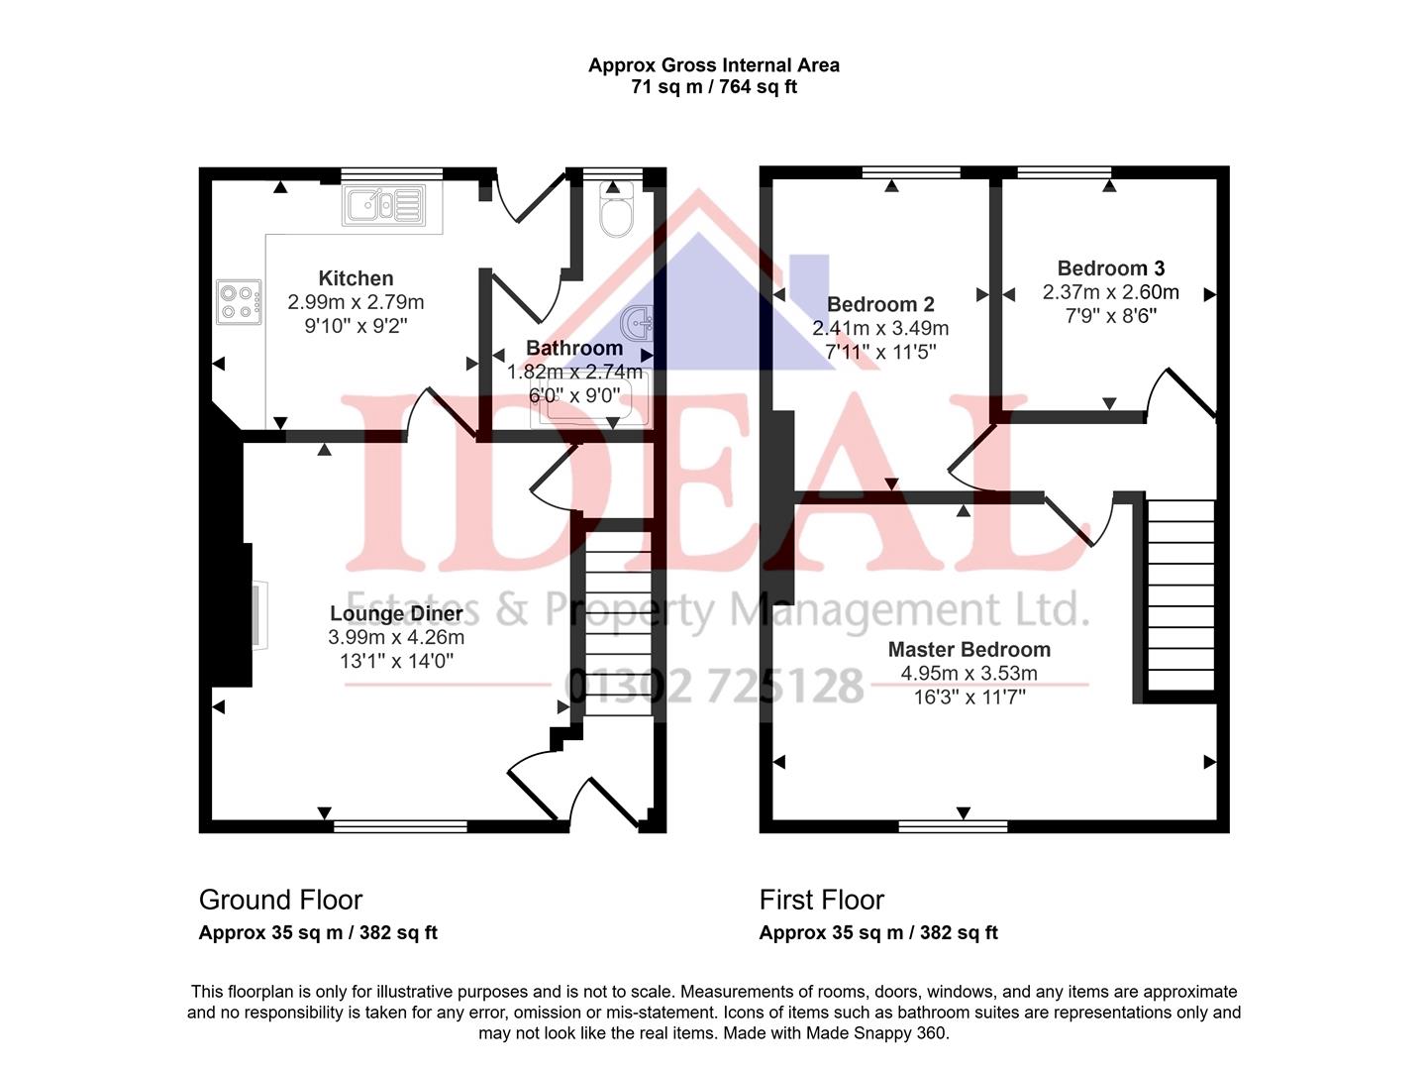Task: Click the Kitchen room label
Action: pos(356,278)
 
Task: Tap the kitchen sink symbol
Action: pos(384,205)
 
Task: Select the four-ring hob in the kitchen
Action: pos(239,302)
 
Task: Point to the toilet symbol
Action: pos(616,212)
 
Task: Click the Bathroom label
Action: pos(573,348)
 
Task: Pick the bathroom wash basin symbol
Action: pos(637,323)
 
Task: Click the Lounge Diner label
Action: pos(396,613)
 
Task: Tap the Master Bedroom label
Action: pos(969,650)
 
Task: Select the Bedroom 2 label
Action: pos(880,304)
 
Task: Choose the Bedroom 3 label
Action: pos(1110,268)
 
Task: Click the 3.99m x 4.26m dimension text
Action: pos(396,637)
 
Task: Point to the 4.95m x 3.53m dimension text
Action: pos(969,674)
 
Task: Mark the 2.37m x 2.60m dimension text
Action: pos(1110,292)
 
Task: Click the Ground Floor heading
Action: pos(280,900)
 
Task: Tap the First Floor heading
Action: pos(821,900)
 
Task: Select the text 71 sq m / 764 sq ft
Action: pos(713,87)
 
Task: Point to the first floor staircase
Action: pos(1180,594)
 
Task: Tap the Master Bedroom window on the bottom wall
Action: pos(953,825)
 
